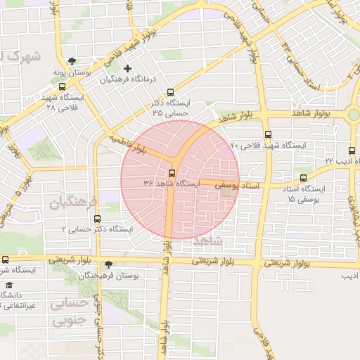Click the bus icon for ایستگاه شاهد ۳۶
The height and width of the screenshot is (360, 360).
point(172,173)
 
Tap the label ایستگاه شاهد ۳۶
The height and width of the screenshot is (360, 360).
point(172,184)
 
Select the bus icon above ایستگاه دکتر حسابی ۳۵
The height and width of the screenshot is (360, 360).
point(169,92)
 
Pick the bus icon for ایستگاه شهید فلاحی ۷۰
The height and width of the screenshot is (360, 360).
point(267,134)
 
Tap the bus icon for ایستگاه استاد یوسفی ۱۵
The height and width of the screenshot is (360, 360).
point(303,178)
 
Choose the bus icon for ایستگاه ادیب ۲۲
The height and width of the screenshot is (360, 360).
point(352,150)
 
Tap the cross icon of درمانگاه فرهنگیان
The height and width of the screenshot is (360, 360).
point(127,69)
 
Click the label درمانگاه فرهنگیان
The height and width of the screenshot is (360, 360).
point(127,80)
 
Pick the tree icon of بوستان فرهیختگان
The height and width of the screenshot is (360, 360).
point(108,264)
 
